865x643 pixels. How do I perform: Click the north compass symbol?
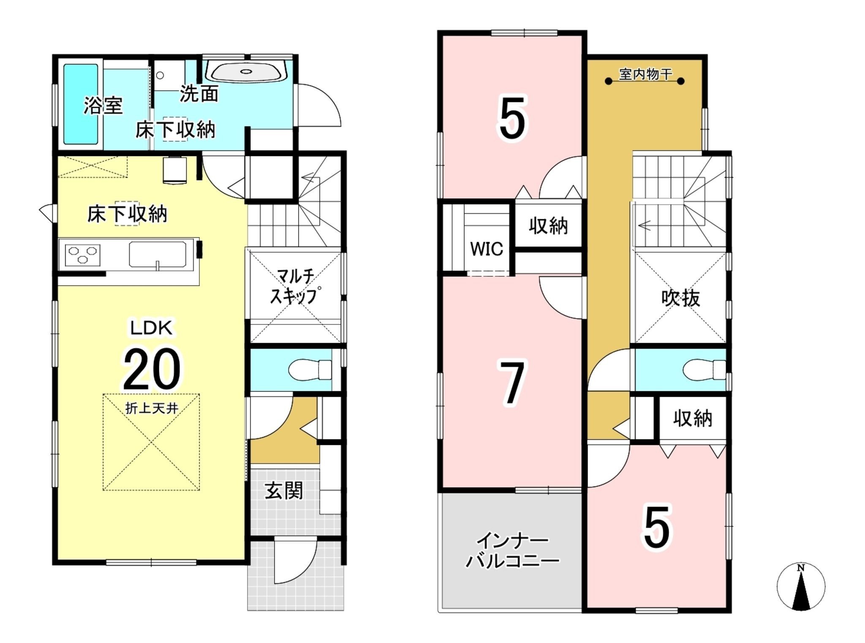tap(801, 587)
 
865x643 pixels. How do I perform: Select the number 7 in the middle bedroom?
tap(512, 382)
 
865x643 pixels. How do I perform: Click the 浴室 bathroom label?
tap(103, 105)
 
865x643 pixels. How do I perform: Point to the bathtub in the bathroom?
tap(81, 104)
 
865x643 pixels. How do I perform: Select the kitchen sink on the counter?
tap(158, 254)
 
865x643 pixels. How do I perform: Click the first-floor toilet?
tap(310, 370)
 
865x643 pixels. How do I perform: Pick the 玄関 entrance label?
tap(284, 491)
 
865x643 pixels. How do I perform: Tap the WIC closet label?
tap(487, 249)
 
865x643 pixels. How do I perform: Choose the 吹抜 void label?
tap(680, 298)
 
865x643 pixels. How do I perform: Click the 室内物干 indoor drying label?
tap(645, 74)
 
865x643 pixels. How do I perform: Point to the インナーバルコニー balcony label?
tap(512, 551)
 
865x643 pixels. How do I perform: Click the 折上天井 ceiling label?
tap(151, 408)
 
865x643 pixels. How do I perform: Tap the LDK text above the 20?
tap(152, 328)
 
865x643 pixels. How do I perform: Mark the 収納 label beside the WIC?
tap(548, 226)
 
